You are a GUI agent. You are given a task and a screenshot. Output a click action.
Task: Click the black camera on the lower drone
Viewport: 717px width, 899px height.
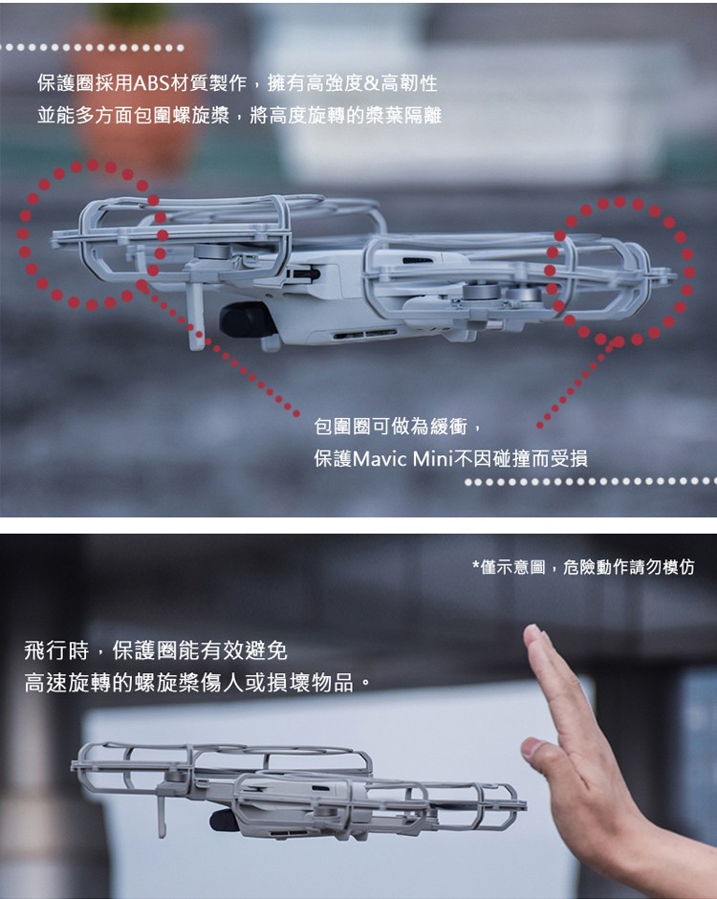click(x=222, y=821)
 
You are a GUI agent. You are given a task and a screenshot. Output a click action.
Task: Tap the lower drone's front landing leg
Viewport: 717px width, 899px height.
click(x=163, y=812)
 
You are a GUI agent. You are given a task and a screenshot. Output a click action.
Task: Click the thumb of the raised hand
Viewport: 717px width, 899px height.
click(x=543, y=756)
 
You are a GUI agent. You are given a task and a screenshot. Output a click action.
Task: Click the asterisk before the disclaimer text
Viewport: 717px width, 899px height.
click(x=476, y=568)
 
